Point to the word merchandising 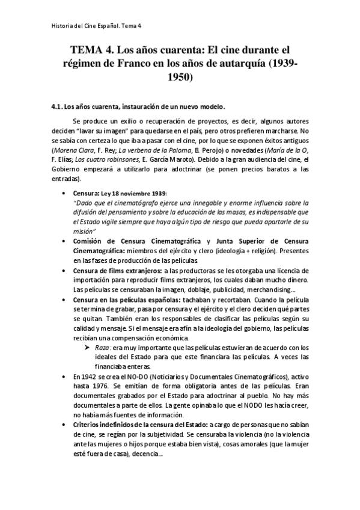point(275,289)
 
